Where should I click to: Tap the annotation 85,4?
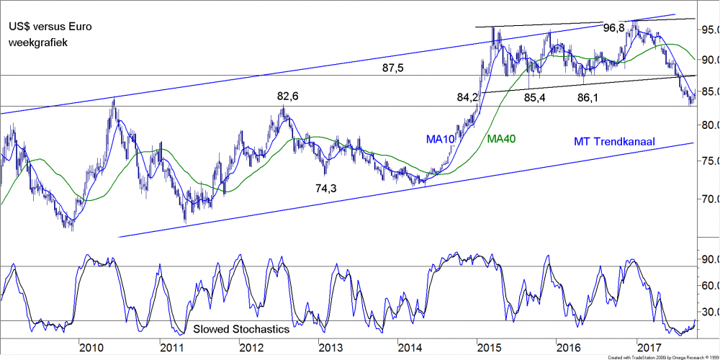[x=534, y=96]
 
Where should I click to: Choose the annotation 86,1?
[x=588, y=96]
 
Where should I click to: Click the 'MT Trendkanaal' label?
[x=614, y=142]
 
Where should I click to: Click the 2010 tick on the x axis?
[x=91, y=348]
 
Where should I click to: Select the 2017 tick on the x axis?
[x=650, y=348]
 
